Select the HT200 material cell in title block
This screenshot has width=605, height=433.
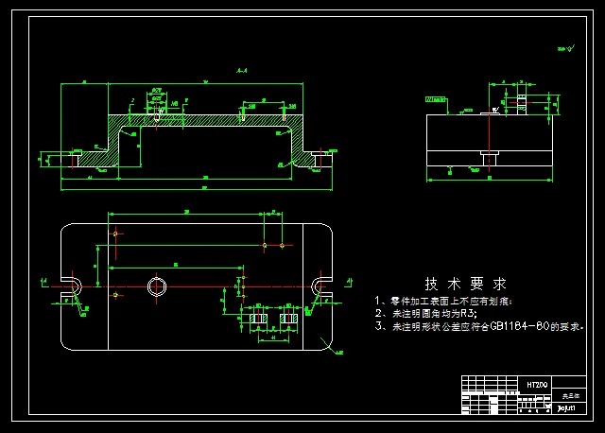point(536,385)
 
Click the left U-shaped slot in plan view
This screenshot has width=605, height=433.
point(73,286)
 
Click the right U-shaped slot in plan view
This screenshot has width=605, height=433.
point(322,286)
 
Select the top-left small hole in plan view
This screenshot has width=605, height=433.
point(114,233)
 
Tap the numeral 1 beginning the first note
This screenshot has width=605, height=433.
point(379,299)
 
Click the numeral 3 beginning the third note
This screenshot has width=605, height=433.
point(379,325)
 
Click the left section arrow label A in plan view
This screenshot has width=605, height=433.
point(45,281)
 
